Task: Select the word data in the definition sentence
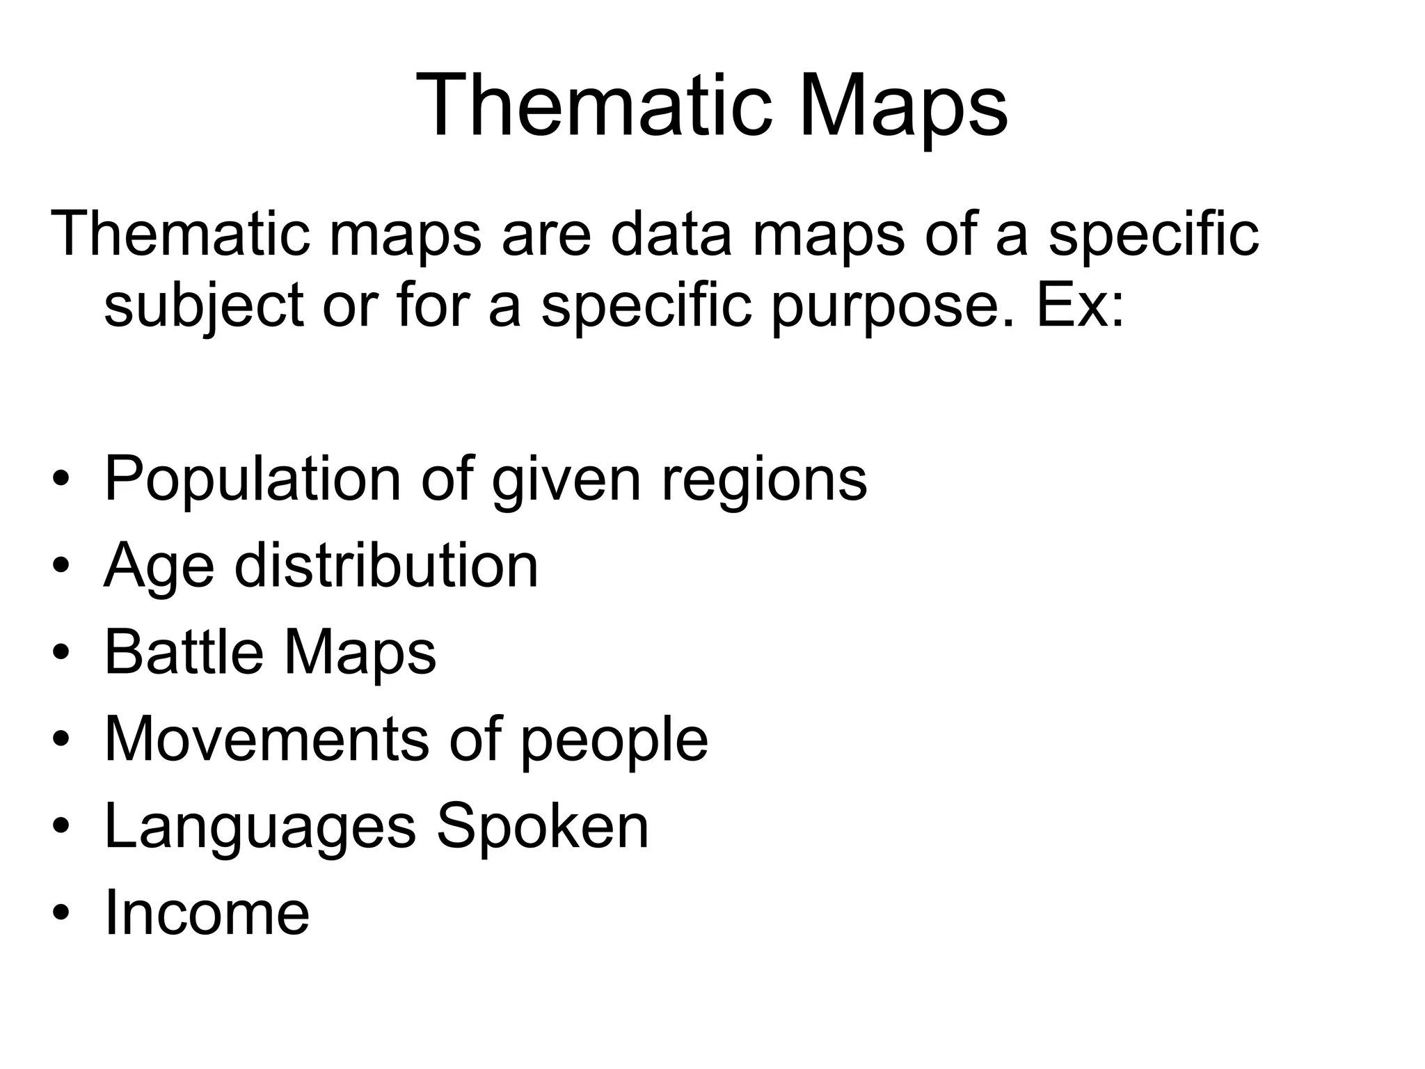(671, 235)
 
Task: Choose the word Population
(253, 480)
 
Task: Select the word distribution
(386, 565)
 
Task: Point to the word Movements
(266, 738)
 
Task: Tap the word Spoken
(543, 826)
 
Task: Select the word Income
(207, 912)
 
